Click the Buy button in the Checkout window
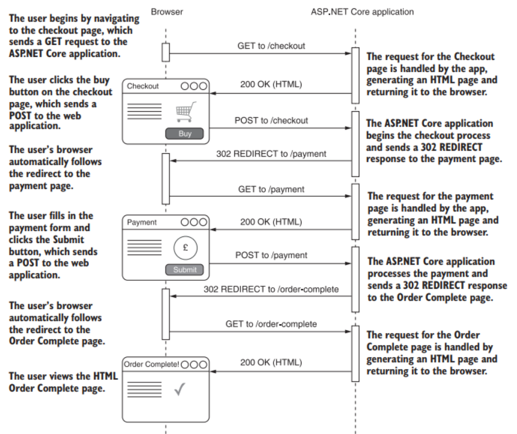(185, 134)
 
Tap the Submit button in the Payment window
(185, 270)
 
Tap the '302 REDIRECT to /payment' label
(271, 154)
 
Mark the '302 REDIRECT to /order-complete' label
(271, 289)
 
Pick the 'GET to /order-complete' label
(271, 324)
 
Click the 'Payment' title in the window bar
(142, 222)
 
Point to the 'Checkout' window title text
(143, 86)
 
